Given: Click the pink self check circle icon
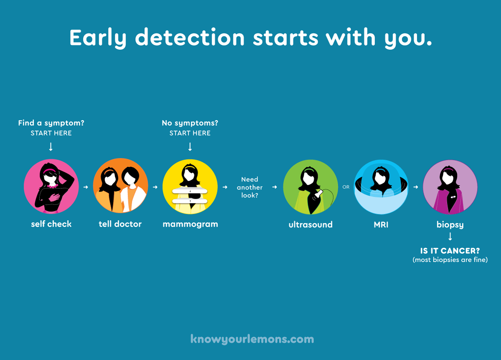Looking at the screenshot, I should pos(51,186).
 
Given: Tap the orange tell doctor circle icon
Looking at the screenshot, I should pos(121,186).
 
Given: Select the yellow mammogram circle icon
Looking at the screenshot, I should pos(190,186).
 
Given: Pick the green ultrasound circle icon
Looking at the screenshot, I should pos(310,187).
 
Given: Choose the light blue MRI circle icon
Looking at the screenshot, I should pos(381,187).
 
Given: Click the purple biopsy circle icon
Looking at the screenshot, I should pos(450,187).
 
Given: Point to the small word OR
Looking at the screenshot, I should pos(346,187).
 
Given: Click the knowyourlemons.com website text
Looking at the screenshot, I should pos(252,339).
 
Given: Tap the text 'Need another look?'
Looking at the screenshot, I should pos(250,187).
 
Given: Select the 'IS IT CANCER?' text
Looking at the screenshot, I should pos(450,251).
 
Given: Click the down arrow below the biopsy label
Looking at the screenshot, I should pos(450,237).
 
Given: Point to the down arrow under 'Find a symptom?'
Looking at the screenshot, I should pos(51,146).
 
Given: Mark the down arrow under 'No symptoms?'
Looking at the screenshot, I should pos(190,146).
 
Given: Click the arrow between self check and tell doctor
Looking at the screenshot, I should pos(86,187).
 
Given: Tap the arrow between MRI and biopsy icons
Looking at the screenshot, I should pos(415,187).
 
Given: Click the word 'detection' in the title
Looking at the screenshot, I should pos(190,38).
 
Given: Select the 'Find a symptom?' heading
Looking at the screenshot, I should pos(51,123).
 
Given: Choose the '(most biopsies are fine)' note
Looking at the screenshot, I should pos(450,260).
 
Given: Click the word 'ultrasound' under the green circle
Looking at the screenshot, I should pos(310,224).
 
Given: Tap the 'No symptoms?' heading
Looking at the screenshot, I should pos(190,123).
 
